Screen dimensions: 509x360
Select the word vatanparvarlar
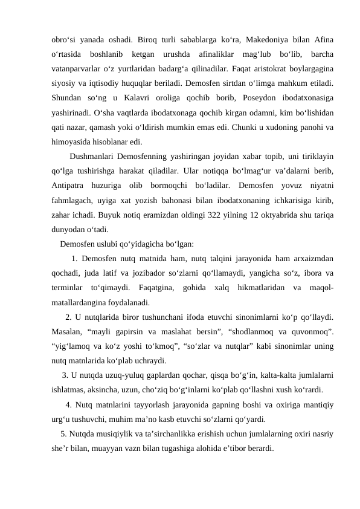click(75, 67)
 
